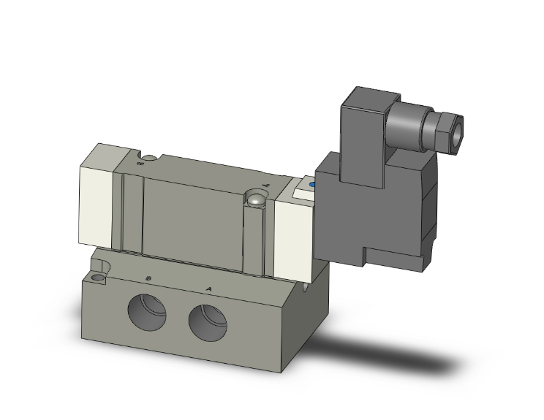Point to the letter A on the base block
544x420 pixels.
coord(210,288)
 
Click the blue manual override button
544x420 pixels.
coord(313,186)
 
